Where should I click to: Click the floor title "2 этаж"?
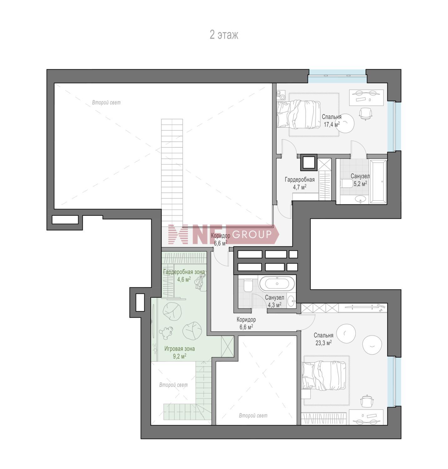tap(224, 35)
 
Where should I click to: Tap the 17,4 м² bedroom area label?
tap(332, 121)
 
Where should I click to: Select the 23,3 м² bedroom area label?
tap(323, 339)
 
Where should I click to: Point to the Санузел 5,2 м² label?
tap(360, 180)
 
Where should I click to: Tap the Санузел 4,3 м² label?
tap(274, 301)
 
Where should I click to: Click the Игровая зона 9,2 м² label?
tap(180, 352)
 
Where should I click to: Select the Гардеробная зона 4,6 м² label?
tap(184, 275)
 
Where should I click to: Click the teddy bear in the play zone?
tap(166, 332)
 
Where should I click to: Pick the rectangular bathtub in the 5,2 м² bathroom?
tap(378, 182)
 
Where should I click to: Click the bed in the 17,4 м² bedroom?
tap(298, 114)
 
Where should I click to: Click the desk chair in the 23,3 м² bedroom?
tap(366, 401)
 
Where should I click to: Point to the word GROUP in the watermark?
tap(252, 234)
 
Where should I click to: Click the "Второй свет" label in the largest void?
tap(106, 103)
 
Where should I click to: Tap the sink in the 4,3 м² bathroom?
tap(291, 302)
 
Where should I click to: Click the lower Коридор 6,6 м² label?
tap(246, 323)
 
